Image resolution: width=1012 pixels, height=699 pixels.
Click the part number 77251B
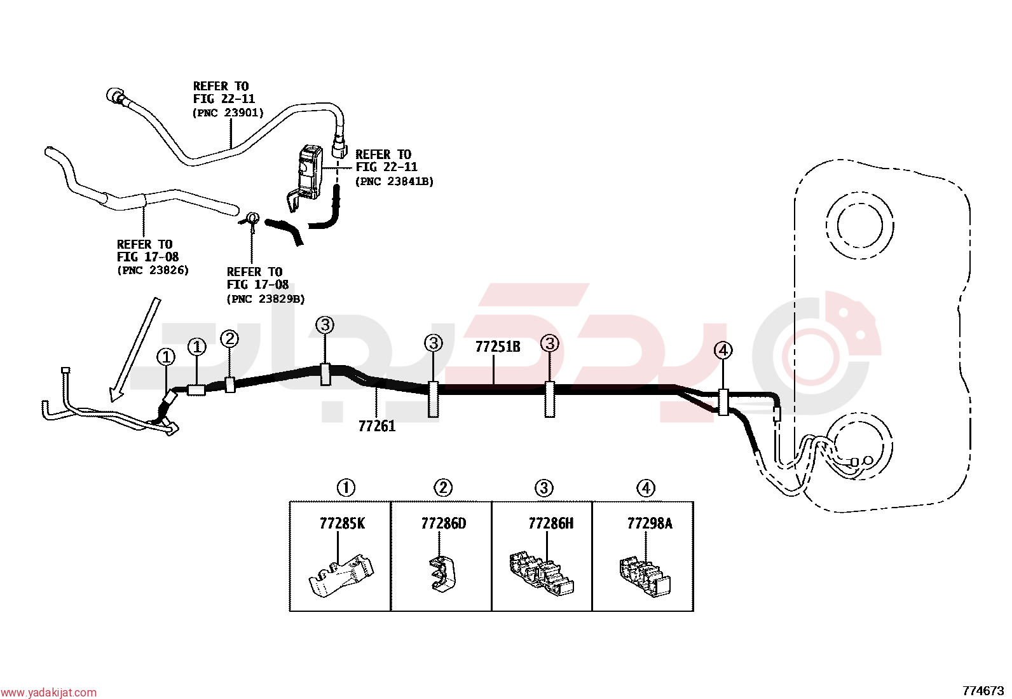[x=497, y=347]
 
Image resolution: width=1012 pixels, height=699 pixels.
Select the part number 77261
[x=377, y=426]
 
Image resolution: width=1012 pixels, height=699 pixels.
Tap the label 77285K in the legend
[x=342, y=523]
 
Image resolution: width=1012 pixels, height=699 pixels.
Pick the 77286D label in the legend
[x=443, y=523]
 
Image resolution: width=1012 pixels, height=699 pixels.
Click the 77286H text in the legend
[x=550, y=523]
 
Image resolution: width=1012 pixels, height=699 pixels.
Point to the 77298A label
[x=650, y=523]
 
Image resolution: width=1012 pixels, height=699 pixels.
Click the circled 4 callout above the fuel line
[x=723, y=350]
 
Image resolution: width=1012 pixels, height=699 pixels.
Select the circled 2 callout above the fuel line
[x=229, y=338]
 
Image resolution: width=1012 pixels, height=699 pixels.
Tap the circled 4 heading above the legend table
[x=646, y=488]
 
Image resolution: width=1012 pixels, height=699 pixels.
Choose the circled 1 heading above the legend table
[x=346, y=488]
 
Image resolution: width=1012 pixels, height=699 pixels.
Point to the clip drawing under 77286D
[x=442, y=574]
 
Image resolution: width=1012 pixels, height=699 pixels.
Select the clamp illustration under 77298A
[x=645, y=577]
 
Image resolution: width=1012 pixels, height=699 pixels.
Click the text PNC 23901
[x=228, y=113]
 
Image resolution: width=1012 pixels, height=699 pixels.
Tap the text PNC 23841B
[x=394, y=181]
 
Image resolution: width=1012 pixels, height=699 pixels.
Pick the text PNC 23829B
[x=266, y=299]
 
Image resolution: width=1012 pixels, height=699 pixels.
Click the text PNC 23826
[x=153, y=270]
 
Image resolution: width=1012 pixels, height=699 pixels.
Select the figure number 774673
[x=983, y=691]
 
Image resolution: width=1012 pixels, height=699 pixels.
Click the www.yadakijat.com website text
[x=48, y=692]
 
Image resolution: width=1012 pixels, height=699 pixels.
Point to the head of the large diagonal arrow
[x=113, y=398]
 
